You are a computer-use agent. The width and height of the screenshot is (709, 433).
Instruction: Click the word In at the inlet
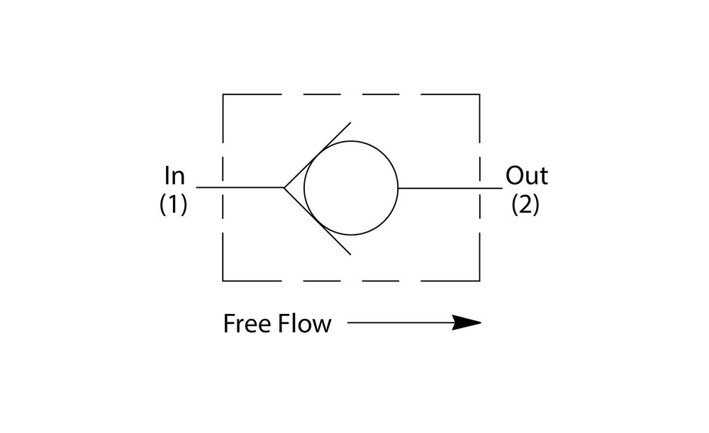[x=174, y=175]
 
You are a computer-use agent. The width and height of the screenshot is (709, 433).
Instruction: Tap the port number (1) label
[x=174, y=205]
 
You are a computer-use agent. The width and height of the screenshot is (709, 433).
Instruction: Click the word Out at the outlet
[x=526, y=175]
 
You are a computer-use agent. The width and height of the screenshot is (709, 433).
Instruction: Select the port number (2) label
[x=525, y=205]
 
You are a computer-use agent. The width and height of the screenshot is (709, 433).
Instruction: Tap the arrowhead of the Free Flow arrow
[x=467, y=323]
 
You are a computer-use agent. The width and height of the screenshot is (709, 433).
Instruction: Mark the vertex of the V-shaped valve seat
[x=284, y=188]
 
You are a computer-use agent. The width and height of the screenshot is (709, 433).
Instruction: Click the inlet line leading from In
[x=241, y=188]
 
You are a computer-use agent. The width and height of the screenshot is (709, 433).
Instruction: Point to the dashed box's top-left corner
[x=223, y=95]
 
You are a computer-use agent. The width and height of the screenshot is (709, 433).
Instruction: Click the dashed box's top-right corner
[x=479, y=95]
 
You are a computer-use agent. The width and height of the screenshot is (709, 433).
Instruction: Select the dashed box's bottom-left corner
[x=223, y=281]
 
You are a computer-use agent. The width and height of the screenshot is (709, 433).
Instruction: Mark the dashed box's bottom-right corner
[x=479, y=281]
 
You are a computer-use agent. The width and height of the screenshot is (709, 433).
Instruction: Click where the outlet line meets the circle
[x=398, y=188]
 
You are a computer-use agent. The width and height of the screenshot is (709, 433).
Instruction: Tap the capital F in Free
[x=229, y=324]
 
